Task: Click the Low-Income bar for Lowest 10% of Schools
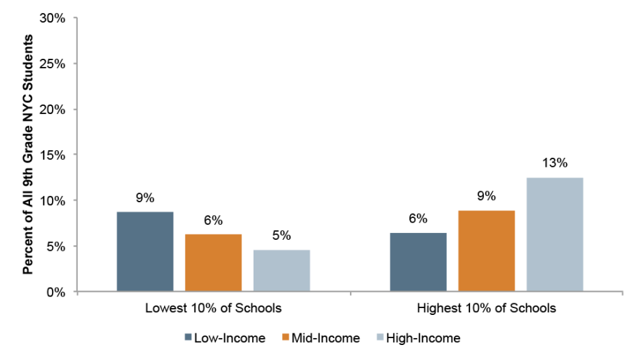(x=145, y=251)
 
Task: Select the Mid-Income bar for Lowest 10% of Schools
(x=213, y=263)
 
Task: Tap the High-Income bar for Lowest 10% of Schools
(x=282, y=271)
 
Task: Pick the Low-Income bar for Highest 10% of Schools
(x=418, y=262)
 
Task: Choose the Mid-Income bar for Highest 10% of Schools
(x=487, y=251)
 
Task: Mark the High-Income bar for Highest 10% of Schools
(x=555, y=234)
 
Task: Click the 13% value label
(x=555, y=163)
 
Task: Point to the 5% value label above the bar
(x=282, y=236)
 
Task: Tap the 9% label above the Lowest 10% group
(x=145, y=198)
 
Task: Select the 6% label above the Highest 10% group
(x=418, y=219)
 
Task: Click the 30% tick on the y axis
(x=52, y=18)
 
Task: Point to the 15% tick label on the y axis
(x=52, y=155)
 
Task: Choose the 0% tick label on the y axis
(x=55, y=292)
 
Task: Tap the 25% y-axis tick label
(x=52, y=64)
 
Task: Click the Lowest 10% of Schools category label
(x=213, y=308)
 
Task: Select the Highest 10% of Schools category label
(x=487, y=308)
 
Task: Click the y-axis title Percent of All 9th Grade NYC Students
(x=28, y=155)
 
